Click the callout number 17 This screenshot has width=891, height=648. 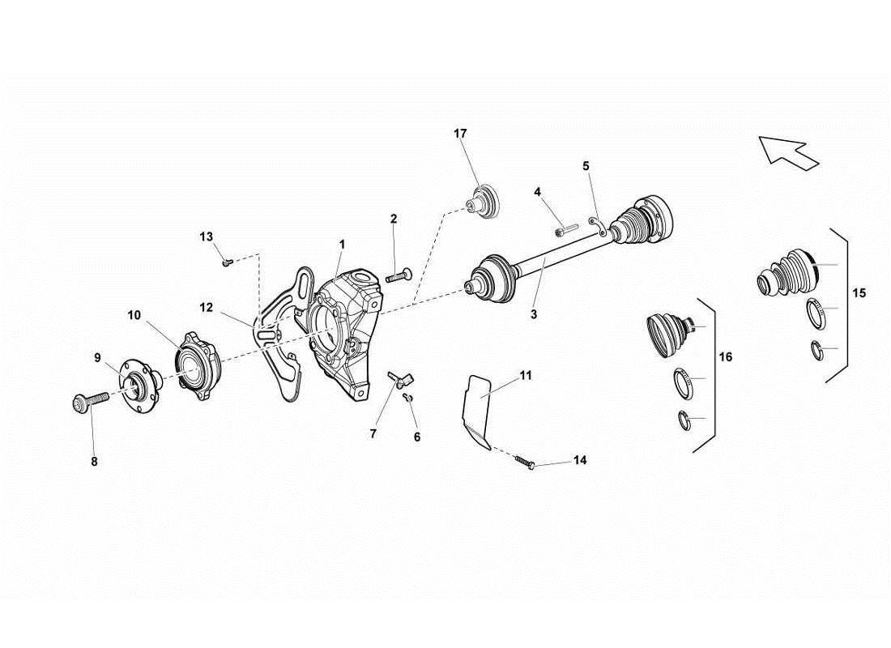click(460, 134)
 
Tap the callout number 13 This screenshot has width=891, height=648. click(207, 237)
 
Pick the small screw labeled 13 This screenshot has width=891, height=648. click(227, 261)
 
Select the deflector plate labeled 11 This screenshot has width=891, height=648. click(479, 409)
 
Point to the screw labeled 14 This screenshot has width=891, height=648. click(524, 463)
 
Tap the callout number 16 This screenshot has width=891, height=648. click(726, 356)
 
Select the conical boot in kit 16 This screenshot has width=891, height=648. click(668, 334)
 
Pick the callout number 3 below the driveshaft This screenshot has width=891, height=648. click(534, 314)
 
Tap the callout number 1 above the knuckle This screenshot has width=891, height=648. click(343, 244)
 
